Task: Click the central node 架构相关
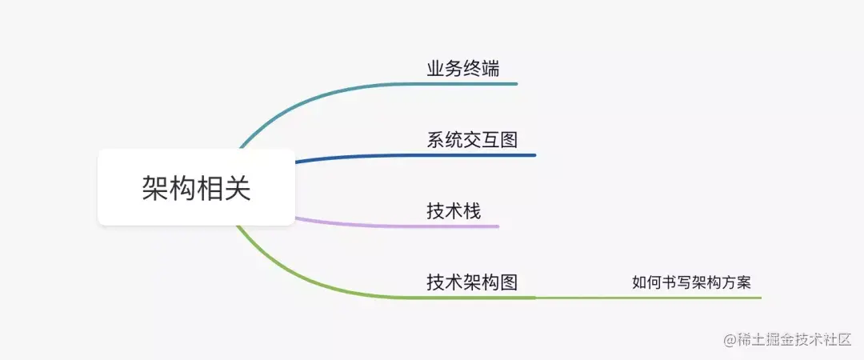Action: coord(196,187)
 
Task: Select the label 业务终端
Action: coord(463,69)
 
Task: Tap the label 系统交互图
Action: coord(472,140)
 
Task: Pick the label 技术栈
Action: coord(454,211)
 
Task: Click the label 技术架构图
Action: coord(472,282)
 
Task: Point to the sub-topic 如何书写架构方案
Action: coord(691,282)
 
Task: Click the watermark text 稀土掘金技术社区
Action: coord(794,339)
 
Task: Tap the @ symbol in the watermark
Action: coord(730,340)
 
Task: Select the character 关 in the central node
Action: coord(238,188)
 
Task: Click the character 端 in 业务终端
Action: coord(491,69)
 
